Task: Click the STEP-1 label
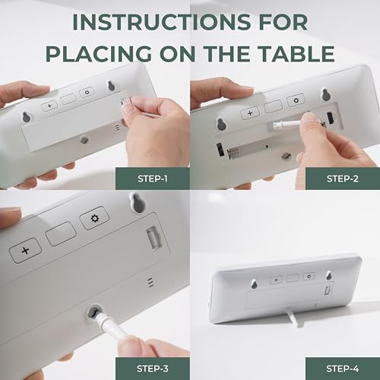coord(153,179)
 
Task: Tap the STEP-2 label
coord(343,179)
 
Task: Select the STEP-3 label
coord(153,369)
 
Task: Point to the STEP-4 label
coord(343,369)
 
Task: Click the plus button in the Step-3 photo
coord(25,251)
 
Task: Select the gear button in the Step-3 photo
coord(94,218)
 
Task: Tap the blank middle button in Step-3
coord(61,234)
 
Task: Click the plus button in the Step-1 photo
coord(49,106)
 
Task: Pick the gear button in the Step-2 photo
coord(296,100)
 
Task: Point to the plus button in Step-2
coord(250,113)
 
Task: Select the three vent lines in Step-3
coord(150,282)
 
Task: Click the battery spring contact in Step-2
coord(233,153)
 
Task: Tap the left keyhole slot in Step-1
coord(25,117)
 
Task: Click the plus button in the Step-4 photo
coord(276,280)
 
